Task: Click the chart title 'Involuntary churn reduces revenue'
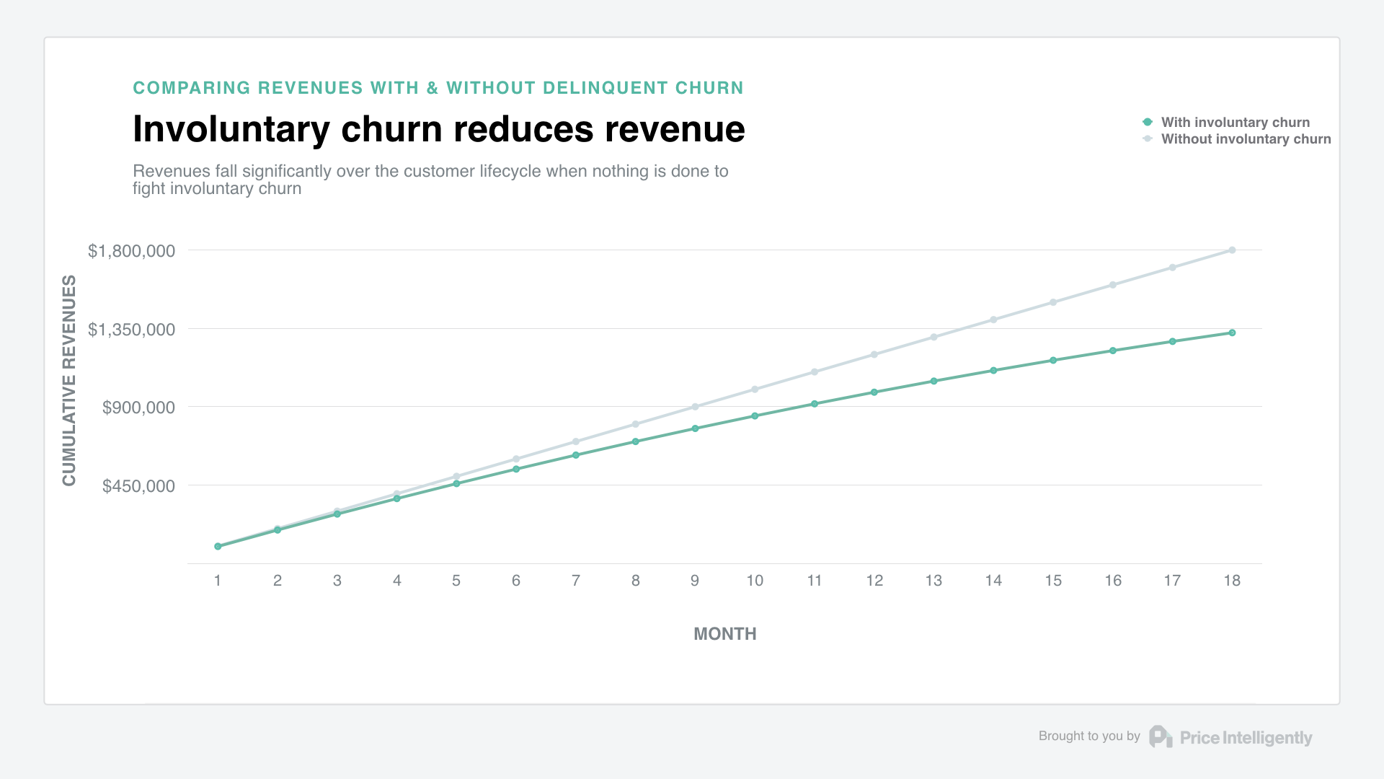[438, 129]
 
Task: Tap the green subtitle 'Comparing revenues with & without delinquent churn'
[438, 88]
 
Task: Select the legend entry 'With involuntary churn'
[1235, 123]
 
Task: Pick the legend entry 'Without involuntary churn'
[1246, 139]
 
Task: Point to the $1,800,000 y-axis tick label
[131, 251]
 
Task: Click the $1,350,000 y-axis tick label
[131, 330]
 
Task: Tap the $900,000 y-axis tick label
[138, 408]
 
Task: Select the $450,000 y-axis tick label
[138, 486]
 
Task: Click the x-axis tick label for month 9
[695, 581]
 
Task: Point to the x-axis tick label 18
[1232, 581]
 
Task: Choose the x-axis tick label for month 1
[218, 581]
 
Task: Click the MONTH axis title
[724, 634]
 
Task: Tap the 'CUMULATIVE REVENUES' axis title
[69, 380]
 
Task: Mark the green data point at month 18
[1232, 333]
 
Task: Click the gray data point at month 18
[1232, 250]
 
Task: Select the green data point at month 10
[755, 416]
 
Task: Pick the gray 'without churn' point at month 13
[933, 337]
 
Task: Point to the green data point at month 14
[993, 371]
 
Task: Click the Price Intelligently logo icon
[1161, 736]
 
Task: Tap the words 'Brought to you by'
[1088, 736]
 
